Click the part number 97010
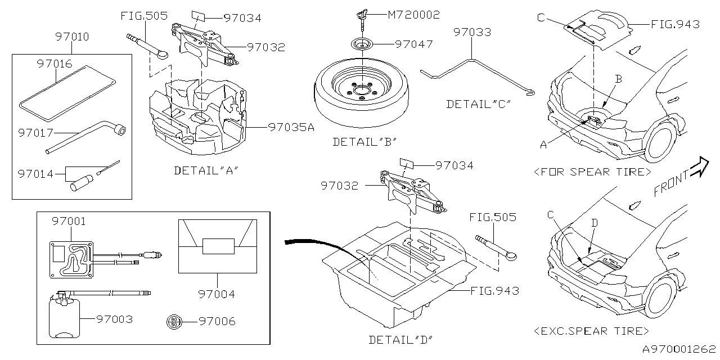coord(72,37)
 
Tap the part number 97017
coord(35,133)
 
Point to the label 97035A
coord(291,127)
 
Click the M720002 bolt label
coord(414,15)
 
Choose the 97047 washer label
coord(414,43)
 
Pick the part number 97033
coord(472,32)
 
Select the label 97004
coord(217,294)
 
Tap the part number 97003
coord(114,319)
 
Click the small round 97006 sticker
coord(174,322)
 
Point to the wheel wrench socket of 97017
coord(119,130)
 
